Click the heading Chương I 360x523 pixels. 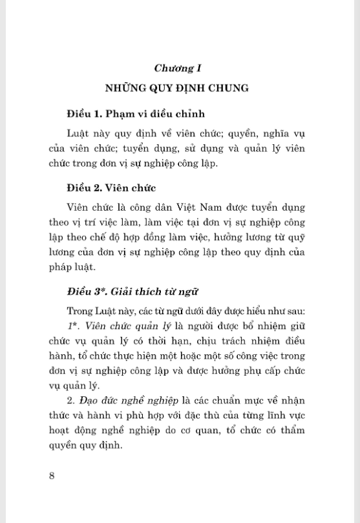click(x=179, y=67)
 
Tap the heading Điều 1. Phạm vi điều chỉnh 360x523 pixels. click(x=135, y=114)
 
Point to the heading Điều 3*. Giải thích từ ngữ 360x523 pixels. click(x=132, y=292)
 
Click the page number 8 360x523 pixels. click(x=52, y=476)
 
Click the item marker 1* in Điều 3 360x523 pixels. click(x=72, y=326)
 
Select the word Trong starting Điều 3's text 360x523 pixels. click(x=78, y=311)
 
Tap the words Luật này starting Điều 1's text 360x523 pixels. click(x=86, y=133)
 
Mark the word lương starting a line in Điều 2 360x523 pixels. click(x=61, y=252)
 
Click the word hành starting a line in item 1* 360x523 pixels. click(x=61, y=356)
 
